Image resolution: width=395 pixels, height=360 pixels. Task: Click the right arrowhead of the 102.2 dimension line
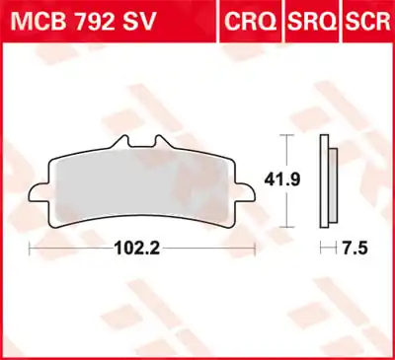point(254,250)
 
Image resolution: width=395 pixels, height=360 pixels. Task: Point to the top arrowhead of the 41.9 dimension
point(286,135)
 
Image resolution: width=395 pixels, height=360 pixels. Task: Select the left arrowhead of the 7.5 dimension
point(322,250)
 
